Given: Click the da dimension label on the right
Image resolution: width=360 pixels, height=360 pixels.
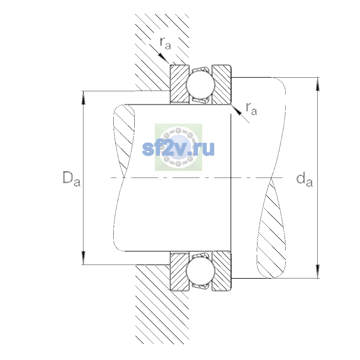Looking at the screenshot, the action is pyautogui.click(x=304, y=180).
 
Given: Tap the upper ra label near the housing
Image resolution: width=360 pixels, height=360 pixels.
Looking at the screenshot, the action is pyautogui.click(x=165, y=43).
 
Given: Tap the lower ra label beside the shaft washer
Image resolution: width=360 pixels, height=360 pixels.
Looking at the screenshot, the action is pyautogui.click(x=251, y=109).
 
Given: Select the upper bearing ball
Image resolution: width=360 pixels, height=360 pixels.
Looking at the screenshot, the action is pyautogui.click(x=200, y=84).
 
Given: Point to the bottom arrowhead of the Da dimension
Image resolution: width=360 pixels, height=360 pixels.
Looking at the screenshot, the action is pyautogui.click(x=83, y=258).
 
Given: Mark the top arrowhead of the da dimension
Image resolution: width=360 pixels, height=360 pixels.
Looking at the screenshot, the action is pyautogui.click(x=318, y=84).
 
